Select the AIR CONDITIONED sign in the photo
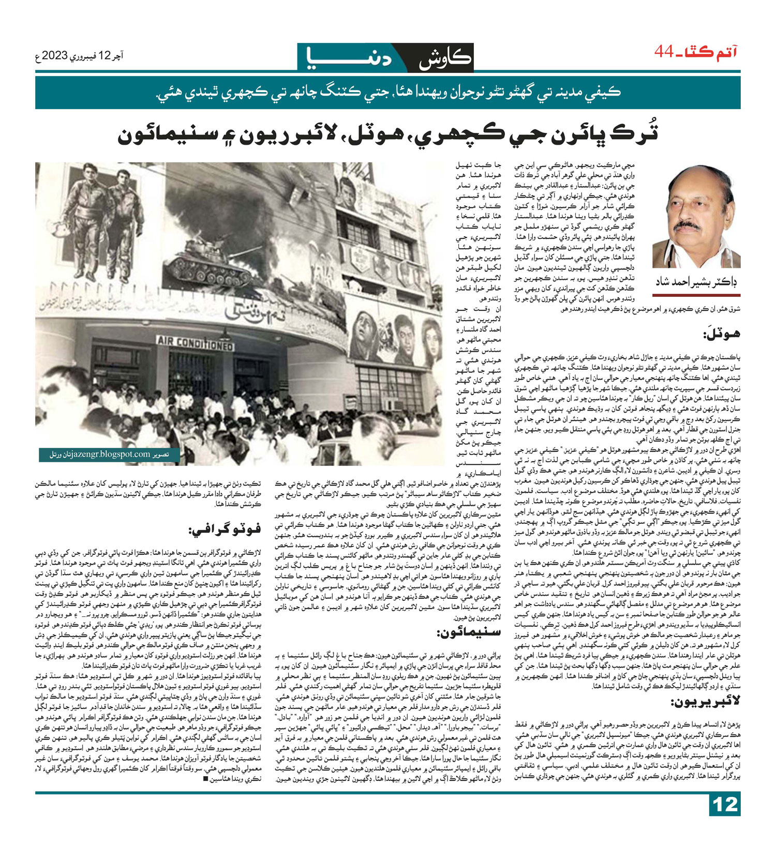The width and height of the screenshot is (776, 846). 196,342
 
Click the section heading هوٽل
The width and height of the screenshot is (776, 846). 721,334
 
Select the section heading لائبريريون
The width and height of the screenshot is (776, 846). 712,702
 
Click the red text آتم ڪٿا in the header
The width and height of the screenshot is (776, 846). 713,52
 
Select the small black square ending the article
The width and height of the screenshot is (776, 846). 206,794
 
